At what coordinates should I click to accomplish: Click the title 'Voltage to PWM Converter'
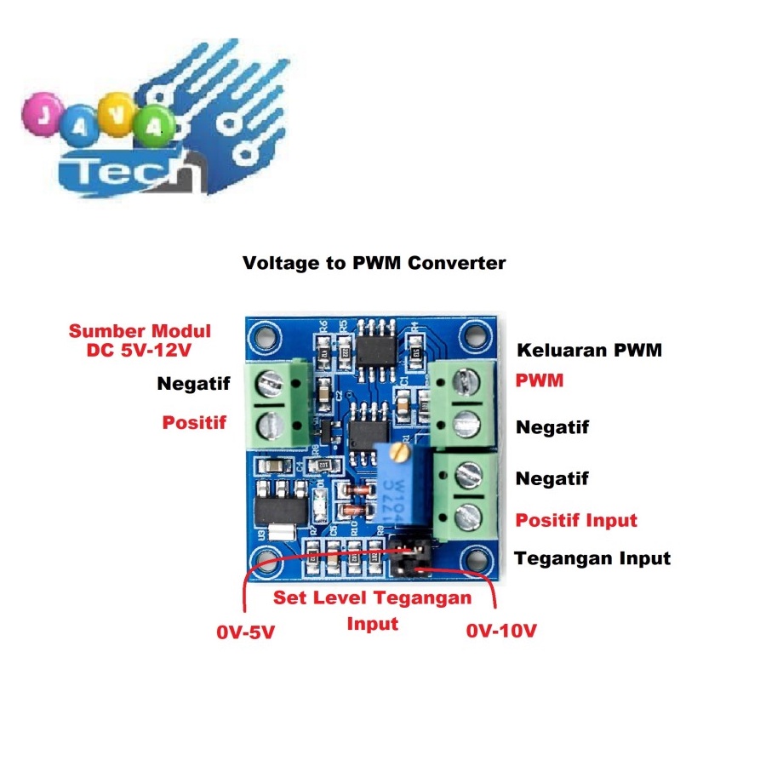[x=374, y=263]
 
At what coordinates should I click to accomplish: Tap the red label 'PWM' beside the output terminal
[x=540, y=380]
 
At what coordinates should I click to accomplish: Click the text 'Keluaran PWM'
[x=589, y=350]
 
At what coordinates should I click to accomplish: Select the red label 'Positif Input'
[x=576, y=520]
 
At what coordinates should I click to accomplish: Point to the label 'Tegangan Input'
[x=592, y=558]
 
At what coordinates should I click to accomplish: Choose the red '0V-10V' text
[x=502, y=632]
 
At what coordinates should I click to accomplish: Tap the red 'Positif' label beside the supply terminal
[x=194, y=421]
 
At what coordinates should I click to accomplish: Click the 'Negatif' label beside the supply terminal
[x=193, y=384]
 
